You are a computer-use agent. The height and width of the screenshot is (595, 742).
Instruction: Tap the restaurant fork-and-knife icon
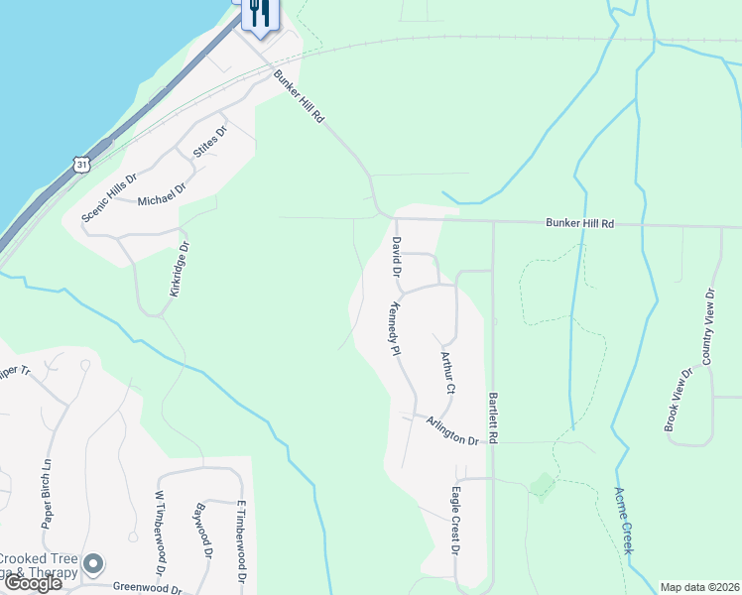coord(258,13)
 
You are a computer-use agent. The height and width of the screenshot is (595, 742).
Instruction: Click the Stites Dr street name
coord(209,143)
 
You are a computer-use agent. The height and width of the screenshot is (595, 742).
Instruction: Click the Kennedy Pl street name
coord(394,329)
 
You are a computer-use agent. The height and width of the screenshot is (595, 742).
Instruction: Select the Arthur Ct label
coord(446,371)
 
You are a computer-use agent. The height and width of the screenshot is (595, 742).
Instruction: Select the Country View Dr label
coord(707,326)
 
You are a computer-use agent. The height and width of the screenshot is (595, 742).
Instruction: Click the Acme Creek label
coord(624,519)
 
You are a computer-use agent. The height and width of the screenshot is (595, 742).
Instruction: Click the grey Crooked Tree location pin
coord(94,564)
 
